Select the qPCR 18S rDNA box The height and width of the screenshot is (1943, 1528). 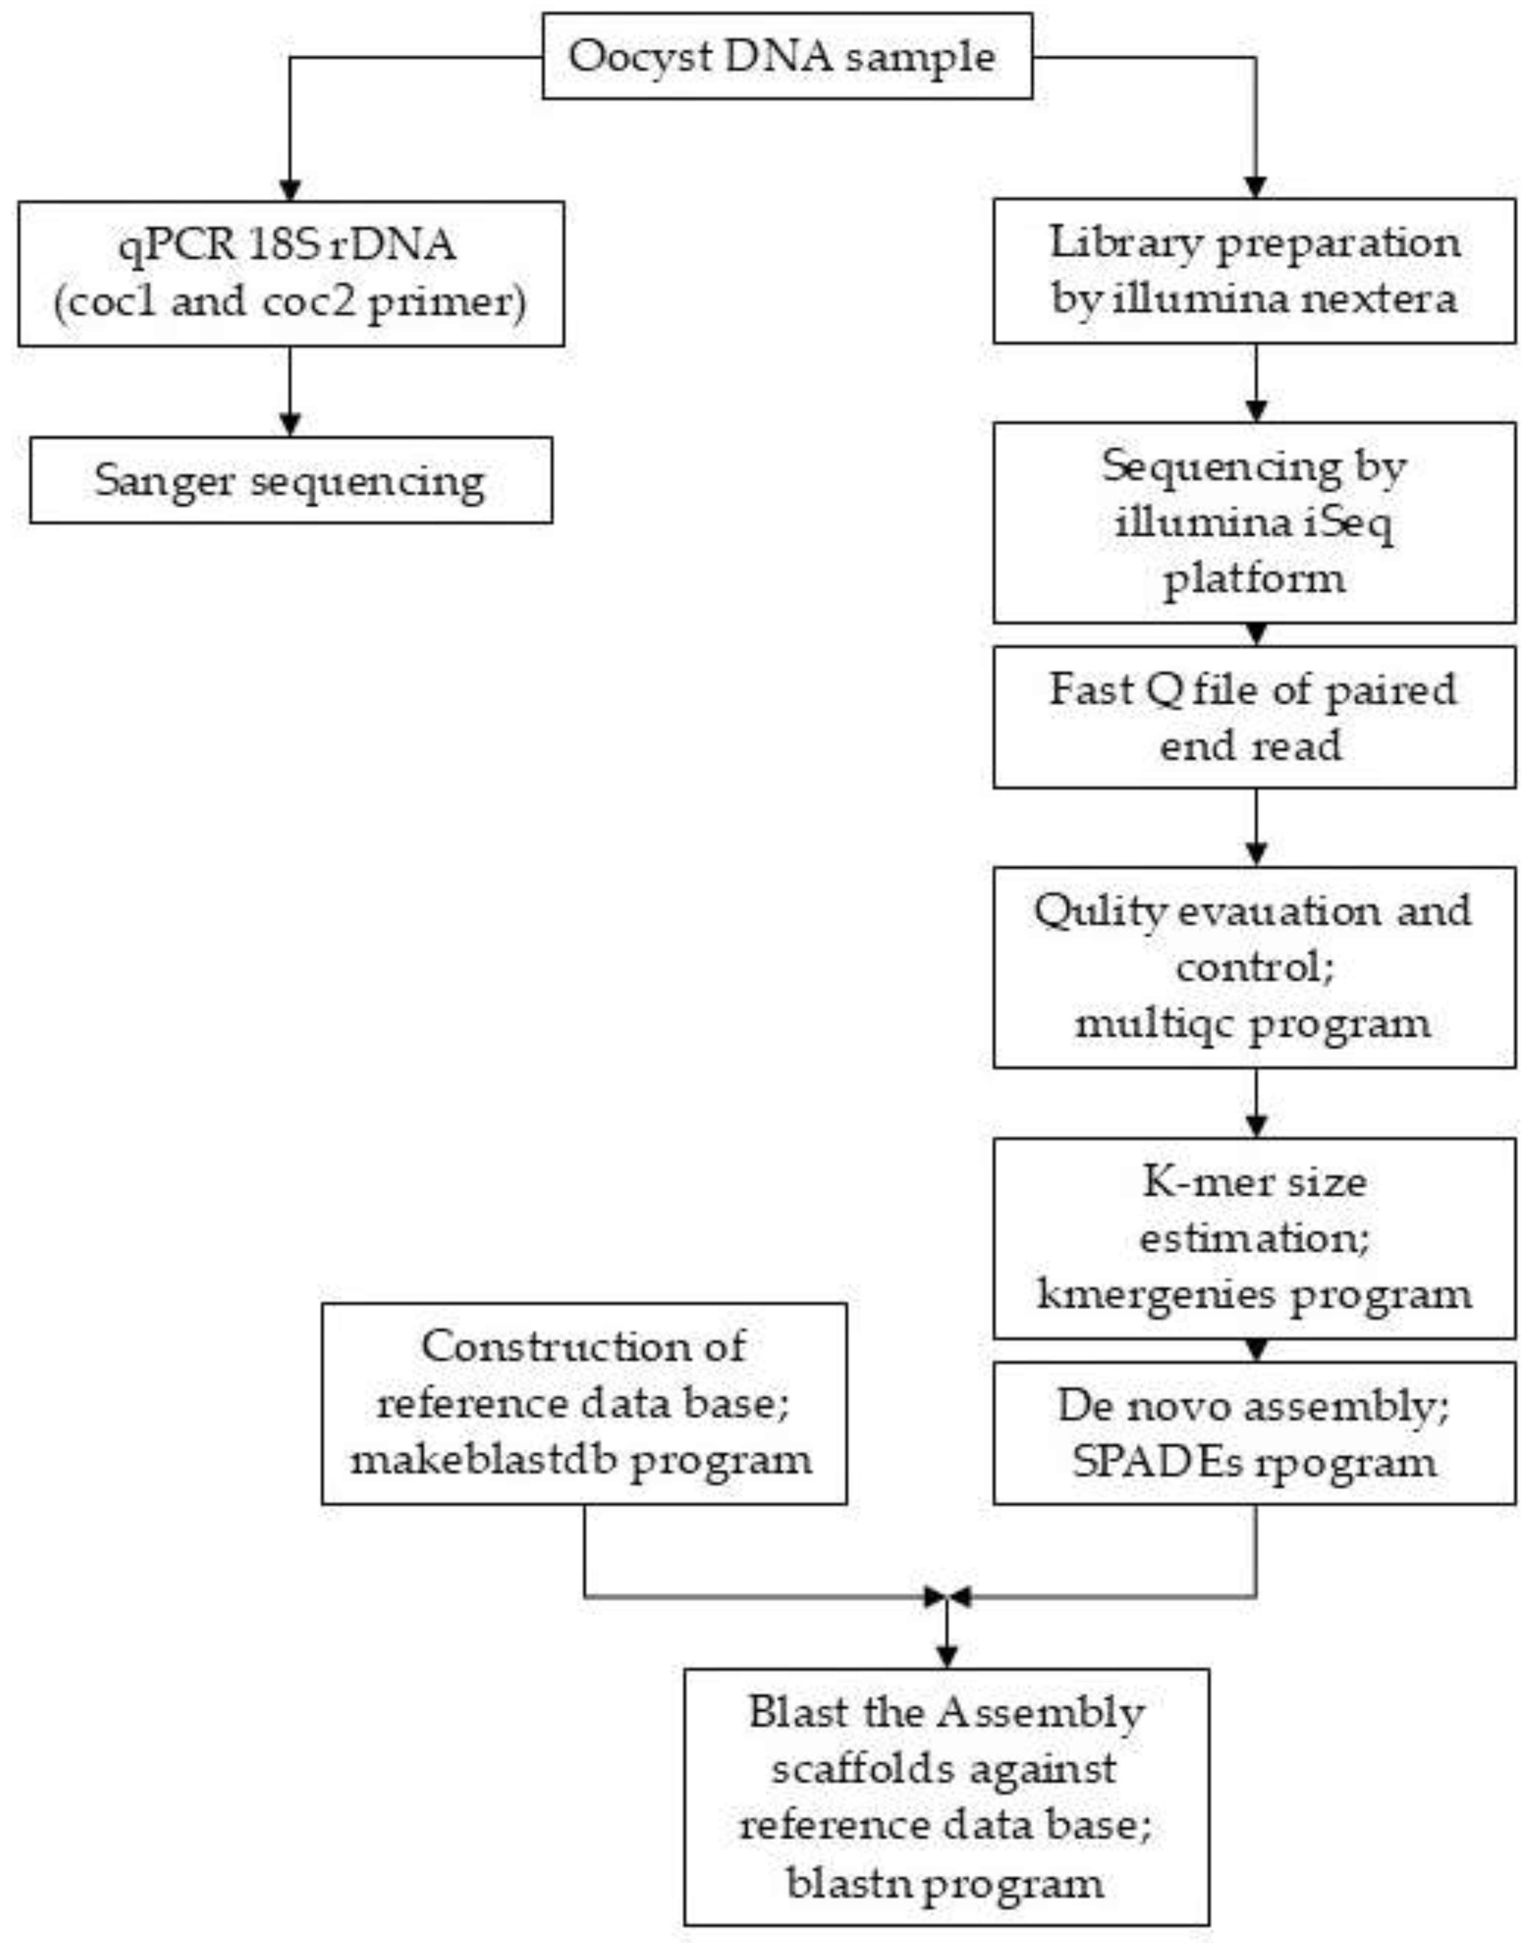(291, 273)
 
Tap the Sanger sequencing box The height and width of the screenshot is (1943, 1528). (291, 480)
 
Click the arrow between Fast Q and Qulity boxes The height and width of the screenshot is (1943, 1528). (1256, 827)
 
